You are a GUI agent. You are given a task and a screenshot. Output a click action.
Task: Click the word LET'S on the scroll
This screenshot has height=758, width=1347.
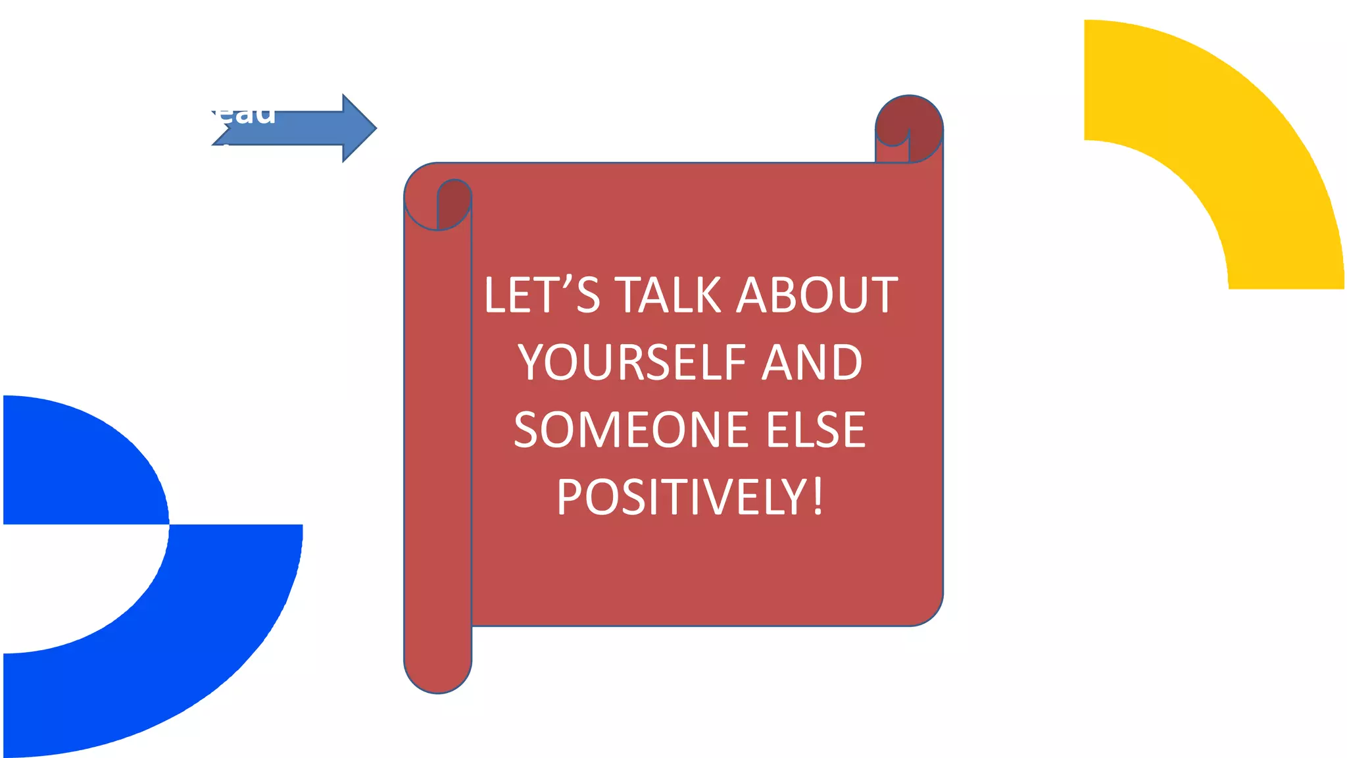(x=541, y=295)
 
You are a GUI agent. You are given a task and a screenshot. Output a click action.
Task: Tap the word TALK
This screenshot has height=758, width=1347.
(x=668, y=295)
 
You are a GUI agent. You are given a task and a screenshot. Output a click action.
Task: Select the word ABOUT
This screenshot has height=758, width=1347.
(x=816, y=295)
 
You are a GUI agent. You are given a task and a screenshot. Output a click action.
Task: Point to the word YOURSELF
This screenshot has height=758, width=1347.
(x=631, y=363)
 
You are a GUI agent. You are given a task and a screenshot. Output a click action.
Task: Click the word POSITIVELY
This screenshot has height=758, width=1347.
(x=681, y=497)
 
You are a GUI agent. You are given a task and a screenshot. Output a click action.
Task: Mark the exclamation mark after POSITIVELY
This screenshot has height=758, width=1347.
(x=818, y=497)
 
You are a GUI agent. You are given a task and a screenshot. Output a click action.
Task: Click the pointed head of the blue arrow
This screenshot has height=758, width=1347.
(x=360, y=128)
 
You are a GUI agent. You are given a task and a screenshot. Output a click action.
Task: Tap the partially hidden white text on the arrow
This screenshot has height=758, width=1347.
(x=243, y=114)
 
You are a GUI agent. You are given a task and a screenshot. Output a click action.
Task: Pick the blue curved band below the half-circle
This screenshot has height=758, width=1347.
(x=197, y=645)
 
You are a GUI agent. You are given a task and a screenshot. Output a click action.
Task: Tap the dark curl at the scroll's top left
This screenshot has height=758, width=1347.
(x=454, y=201)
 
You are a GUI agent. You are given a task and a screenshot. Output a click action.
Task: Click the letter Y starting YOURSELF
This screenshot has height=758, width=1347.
(x=530, y=363)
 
